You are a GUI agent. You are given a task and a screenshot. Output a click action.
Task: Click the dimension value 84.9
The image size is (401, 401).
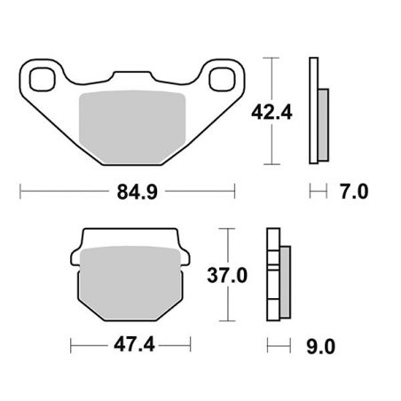coord(127,190)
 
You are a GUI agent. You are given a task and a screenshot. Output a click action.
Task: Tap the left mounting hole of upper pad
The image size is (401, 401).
coord(40,79)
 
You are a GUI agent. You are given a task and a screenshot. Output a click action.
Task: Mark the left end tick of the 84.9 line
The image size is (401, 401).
coord(20,190)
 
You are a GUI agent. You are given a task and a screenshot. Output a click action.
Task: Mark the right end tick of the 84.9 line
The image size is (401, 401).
coord(235,190)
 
